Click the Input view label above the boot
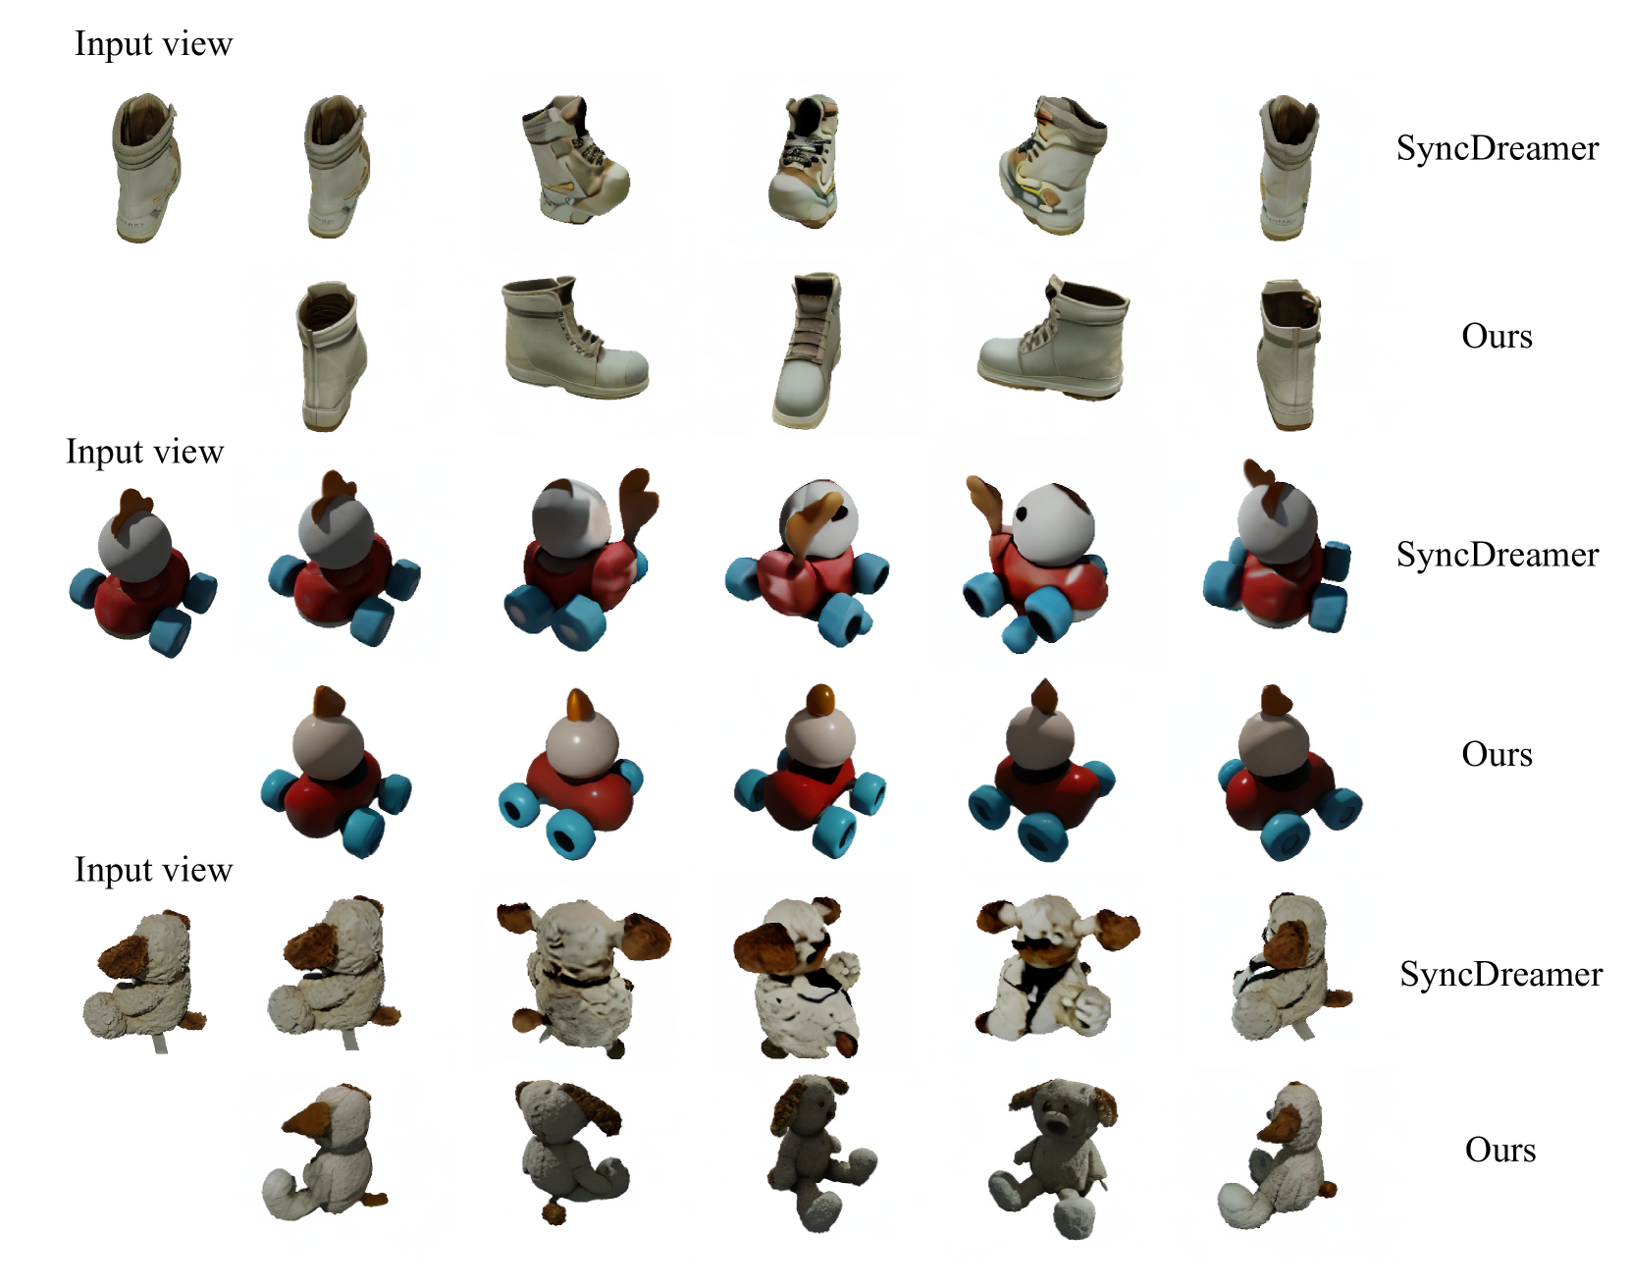[x=153, y=44]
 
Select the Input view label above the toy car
[x=144, y=452]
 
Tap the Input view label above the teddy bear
[x=153, y=870]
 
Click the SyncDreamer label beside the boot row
[x=1498, y=148]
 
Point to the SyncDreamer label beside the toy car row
[x=1498, y=555]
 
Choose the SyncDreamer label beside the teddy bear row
[x=1501, y=974]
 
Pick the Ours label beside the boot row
[x=1497, y=336]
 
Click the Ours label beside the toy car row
[x=1497, y=754]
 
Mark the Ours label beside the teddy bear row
[x=1500, y=1150]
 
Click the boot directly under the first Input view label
[x=145, y=168]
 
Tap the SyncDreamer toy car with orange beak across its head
[x=808, y=563]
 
